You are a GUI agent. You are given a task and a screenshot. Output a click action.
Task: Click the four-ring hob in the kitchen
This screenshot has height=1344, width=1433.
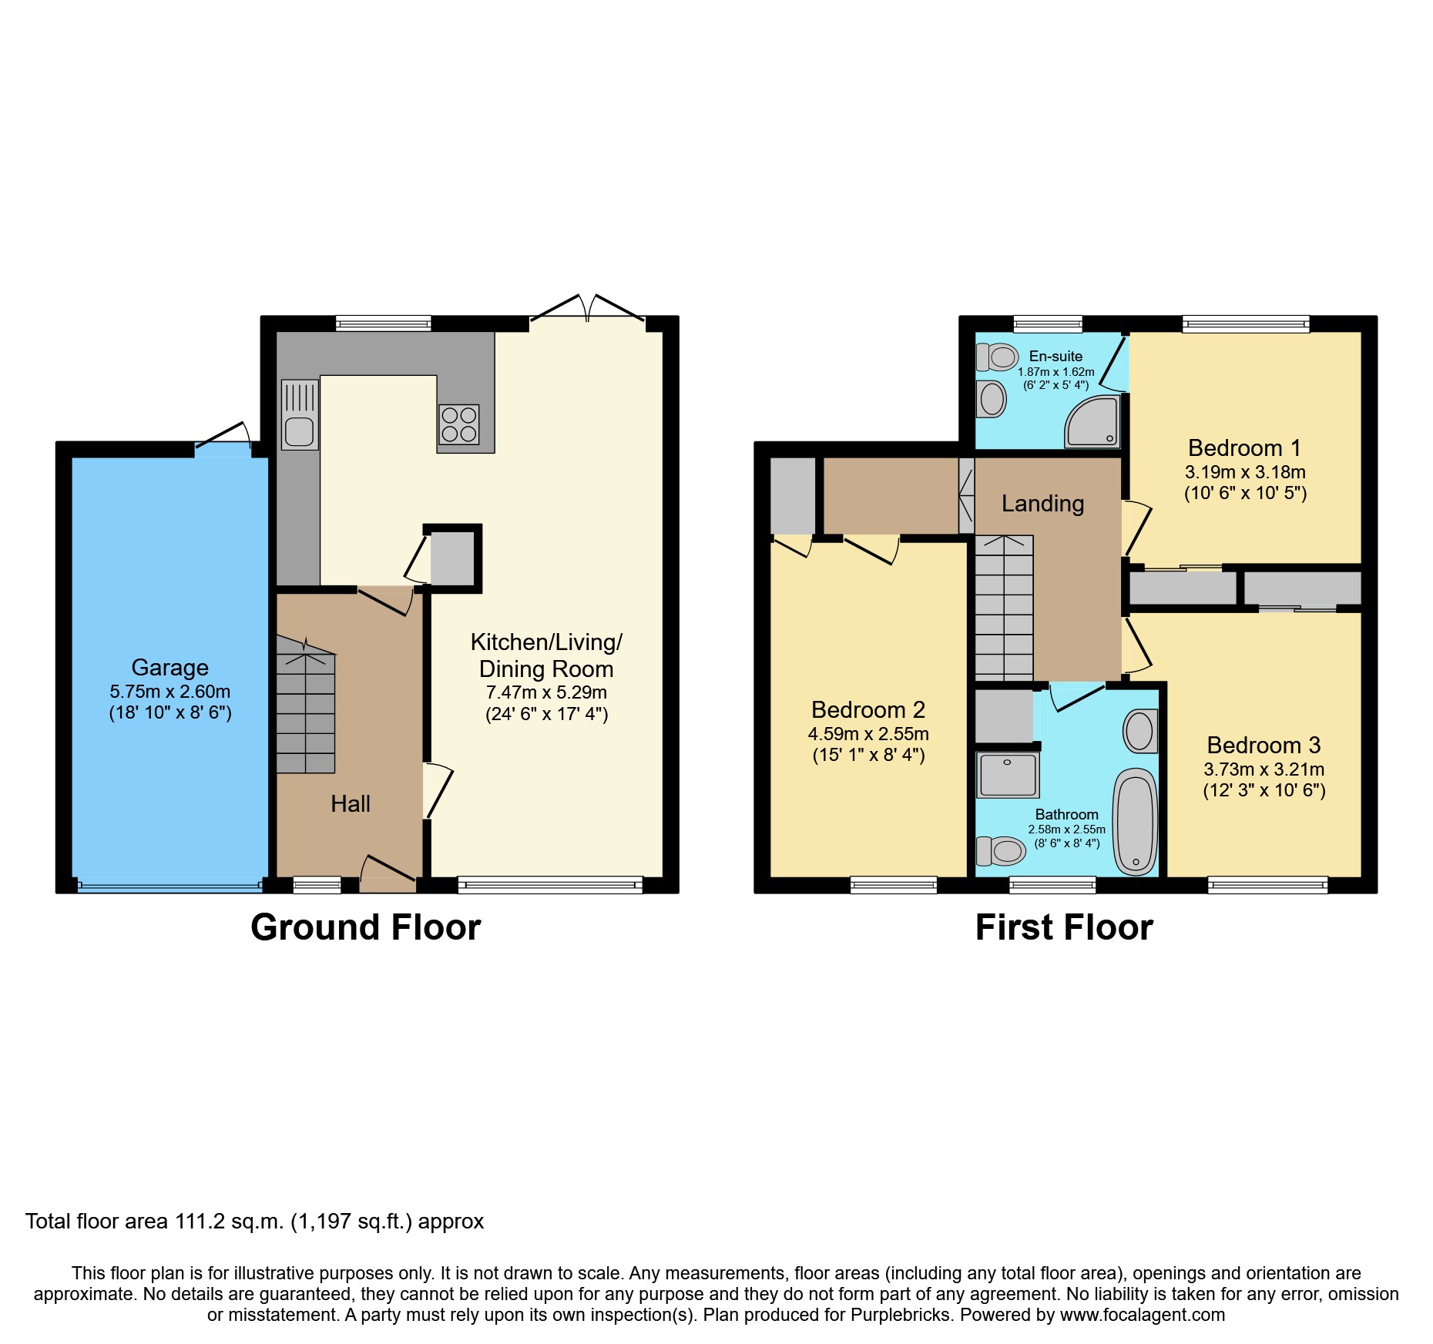458,424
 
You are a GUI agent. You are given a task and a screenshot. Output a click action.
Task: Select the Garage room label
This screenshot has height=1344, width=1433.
169,667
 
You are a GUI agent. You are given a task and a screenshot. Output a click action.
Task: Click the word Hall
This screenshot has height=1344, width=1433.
351,803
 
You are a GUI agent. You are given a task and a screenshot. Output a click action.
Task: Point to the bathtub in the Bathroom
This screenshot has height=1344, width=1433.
1135,822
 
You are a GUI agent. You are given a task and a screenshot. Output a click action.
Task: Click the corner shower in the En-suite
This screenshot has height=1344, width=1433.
1092,422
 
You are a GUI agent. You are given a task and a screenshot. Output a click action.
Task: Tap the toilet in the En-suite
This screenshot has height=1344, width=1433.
997,357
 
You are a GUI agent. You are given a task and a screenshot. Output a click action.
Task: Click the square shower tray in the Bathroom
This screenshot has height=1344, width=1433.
1008,774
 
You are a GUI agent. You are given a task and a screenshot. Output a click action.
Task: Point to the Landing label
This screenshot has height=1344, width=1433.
1042,503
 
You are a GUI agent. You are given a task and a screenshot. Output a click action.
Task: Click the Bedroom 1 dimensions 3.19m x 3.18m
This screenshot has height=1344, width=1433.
1244,472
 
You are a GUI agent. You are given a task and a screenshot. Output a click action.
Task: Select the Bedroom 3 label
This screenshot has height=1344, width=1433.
1264,745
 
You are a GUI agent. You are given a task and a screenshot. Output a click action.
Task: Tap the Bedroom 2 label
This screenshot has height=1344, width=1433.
868,709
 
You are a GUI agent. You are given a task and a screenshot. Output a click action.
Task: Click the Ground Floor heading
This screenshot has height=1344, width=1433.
365,927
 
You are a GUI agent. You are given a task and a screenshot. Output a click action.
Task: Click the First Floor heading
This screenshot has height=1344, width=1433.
1063,927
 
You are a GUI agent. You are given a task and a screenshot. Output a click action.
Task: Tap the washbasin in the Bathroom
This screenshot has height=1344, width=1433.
1140,731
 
